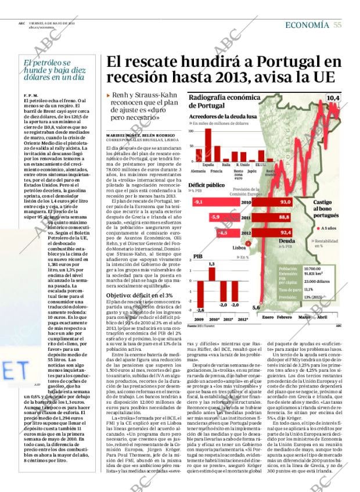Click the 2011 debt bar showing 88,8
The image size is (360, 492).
272,217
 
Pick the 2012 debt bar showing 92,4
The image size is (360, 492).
273,232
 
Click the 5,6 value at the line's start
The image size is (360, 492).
257,307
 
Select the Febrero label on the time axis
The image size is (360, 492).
285,317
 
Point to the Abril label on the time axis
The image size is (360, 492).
322,317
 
